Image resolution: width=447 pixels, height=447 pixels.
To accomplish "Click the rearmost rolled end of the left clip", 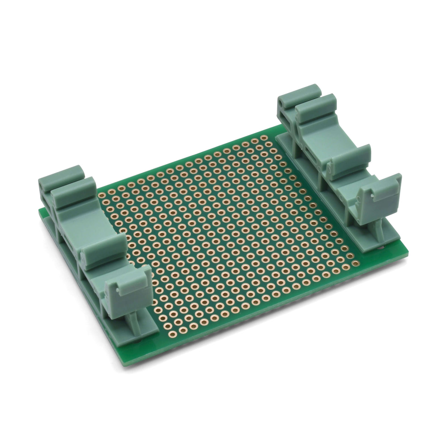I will (x=60, y=175).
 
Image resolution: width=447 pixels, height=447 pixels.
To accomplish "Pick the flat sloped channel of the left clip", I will (x=76, y=216).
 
